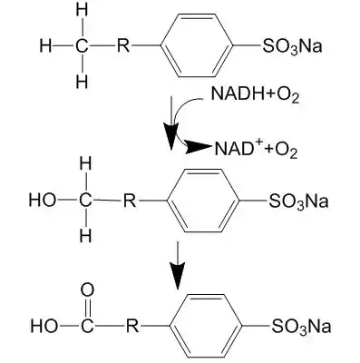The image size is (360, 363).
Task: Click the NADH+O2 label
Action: click(x=255, y=93)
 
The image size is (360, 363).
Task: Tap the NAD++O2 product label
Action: click(x=256, y=148)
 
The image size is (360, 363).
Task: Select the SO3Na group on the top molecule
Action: click(x=292, y=46)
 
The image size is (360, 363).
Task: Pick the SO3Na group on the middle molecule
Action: click(x=298, y=201)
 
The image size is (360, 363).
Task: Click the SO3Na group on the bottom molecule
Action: click(x=301, y=327)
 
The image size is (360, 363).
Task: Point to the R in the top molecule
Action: click(x=123, y=46)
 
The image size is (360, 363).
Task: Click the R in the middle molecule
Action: click(x=130, y=201)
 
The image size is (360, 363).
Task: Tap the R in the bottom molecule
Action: click(x=132, y=326)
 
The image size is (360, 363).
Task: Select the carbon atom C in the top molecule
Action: click(x=82, y=46)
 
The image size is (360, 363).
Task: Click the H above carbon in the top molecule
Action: click(x=82, y=10)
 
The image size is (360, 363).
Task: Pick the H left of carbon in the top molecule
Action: click(x=45, y=46)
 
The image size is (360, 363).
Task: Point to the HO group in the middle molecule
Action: click(x=43, y=201)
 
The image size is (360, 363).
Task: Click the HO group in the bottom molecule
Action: click(x=44, y=326)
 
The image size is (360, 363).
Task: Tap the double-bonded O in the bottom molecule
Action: click(x=87, y=289)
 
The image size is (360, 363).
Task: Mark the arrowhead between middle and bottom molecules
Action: click(x=177, y=276)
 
